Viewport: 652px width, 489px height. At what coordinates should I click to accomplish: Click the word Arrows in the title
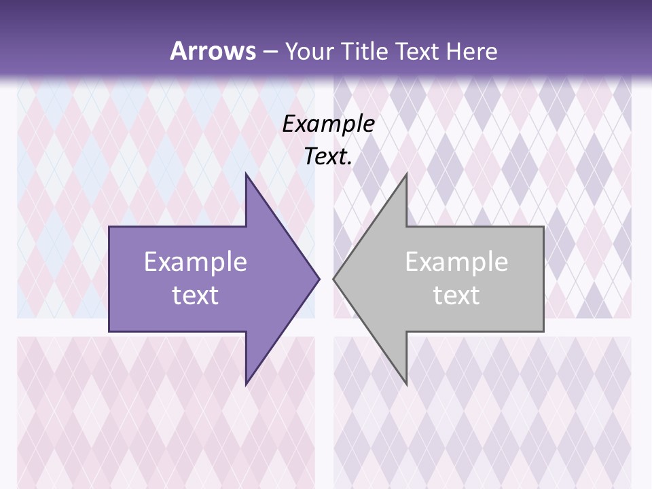pyautogui.click(x=212, y=51)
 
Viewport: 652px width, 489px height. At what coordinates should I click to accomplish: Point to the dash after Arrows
pyautogui.click(x=270, y=52)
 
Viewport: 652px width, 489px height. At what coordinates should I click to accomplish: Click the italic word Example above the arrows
pyautogui.click(x=329, y=124)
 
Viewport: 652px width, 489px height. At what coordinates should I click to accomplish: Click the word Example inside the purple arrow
pyautogui.click(x=196, y=262)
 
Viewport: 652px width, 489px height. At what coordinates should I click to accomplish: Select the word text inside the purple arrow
pyautogui.click(x=196, y=295)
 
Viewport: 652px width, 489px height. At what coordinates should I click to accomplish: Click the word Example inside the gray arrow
pyautogui.click(x=456, y=262)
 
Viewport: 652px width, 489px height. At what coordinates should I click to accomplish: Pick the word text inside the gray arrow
pyautogui.click(x=456, y=295)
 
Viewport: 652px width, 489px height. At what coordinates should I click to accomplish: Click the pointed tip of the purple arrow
pyautogui.click(x=319, y=278)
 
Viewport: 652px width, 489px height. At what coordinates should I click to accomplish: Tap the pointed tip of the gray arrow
pyautogui.click(x=333, y=278)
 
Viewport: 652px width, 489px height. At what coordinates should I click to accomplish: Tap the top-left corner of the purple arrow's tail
pyautogui.click(x=109, y=227)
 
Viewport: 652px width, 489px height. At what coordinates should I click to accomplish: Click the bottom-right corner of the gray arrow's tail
pyautogui.click(x=543, y=331)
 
